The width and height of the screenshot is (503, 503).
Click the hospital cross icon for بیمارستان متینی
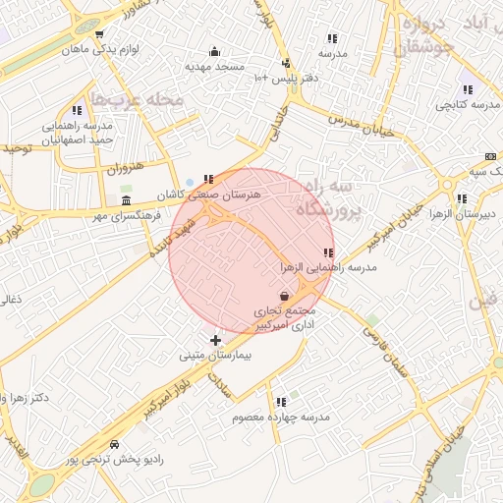coord(216,340)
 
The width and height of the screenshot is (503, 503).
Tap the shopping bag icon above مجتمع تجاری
coord(284,295)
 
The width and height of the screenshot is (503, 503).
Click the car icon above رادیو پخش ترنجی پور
coord(116,444)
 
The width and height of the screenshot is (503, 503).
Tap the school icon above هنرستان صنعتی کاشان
coord(208,179)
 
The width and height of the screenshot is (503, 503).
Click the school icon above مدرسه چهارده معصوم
coord(282,401)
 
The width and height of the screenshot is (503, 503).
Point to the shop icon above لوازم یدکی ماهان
coord(99,33)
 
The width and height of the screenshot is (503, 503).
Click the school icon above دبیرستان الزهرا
coord(461,197)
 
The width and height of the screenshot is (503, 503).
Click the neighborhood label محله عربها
coord(138,100)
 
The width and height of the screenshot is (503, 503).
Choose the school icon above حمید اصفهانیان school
coord(77,111)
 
